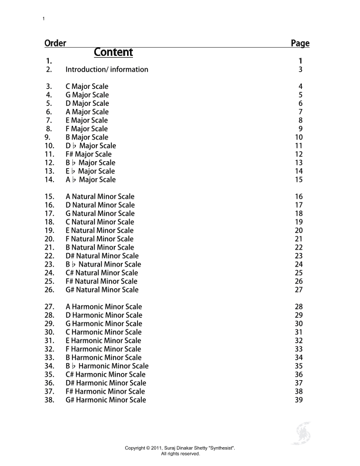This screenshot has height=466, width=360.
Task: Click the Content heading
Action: (x=114, y=52)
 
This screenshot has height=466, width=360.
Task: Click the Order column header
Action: (x=55, y=43)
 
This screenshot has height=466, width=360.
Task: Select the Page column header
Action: (x=300, y=43)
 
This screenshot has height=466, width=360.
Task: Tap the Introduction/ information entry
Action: (x=106, y=69)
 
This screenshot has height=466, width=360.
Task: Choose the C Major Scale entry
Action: (x=87, y=86)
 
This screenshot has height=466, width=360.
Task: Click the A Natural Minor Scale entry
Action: (x=100, y=197)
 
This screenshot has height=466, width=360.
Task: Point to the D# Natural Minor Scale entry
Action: (x=102, y=256)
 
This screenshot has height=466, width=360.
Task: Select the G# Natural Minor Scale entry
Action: (x=102, y=289)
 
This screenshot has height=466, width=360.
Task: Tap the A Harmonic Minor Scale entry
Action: (x=104, y=307)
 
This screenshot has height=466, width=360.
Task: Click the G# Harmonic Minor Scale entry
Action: (x=106, y=400)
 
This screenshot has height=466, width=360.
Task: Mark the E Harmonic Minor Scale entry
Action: (x=104, y=341)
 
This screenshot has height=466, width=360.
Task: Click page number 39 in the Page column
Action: (x=299, y=400)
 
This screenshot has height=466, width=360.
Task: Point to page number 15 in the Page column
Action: (x=299, y=179)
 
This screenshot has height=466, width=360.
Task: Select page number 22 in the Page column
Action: (x=299, y=247)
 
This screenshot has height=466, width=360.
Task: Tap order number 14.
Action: (x=49, y=179)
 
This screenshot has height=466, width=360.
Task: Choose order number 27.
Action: (x=49, y=307)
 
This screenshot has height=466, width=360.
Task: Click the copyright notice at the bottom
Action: (x=180, y=451)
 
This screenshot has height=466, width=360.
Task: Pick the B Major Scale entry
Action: (x=87, y=137)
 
